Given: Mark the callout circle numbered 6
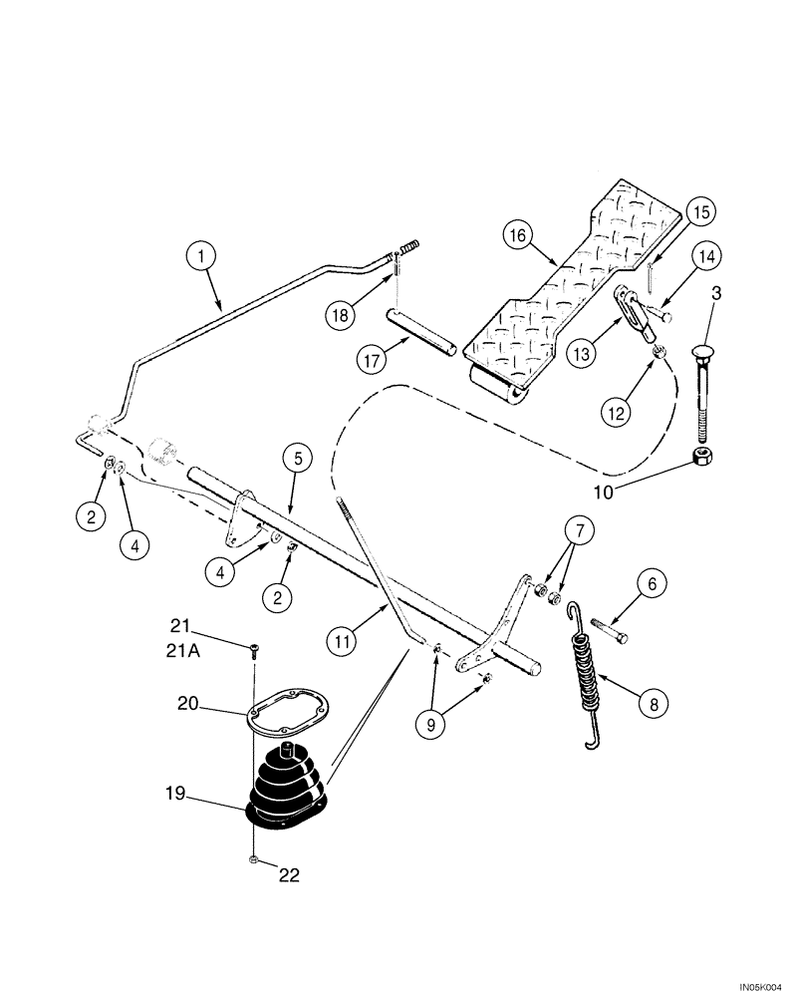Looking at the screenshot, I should click(x=653, y=587).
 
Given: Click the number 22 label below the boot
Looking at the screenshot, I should click(x=288, y=875).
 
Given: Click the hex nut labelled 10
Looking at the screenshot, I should click(x=705, y=458).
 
